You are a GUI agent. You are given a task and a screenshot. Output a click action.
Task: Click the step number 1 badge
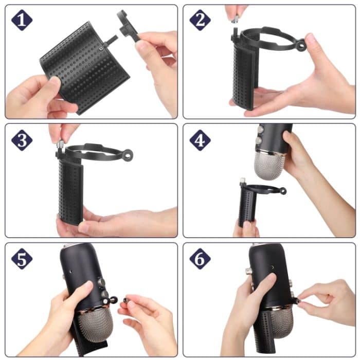pyautogui.click(x=22, y=20)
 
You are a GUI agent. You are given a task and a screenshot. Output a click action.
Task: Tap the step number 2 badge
pyautogui.click(x=200, y=20)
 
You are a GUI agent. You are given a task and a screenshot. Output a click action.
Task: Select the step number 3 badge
pyautogui.click(x=22, y=139)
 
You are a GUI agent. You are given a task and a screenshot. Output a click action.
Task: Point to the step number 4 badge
pyautogui.click(x=200, y=139)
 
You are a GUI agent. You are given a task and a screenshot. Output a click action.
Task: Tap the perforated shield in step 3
pyautogui.click(x=71, y=190)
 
